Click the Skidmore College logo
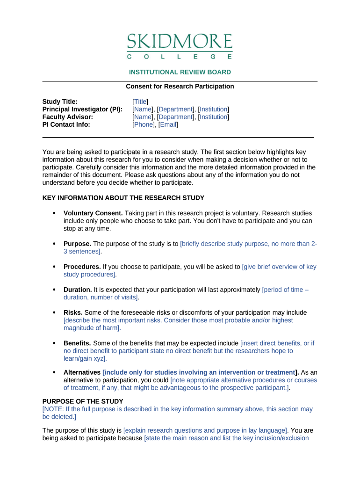[x=180, y=46]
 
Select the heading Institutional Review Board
[x=180, y=72]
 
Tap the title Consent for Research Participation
[x=180, y=87]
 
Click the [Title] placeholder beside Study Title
[x=140, y=102]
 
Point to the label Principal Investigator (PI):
[x=82, y=109]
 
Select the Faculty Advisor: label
[x=68, y=117]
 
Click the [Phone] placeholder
[x=144, y=124]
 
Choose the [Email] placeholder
[x=168, y=124]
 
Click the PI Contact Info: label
[x=66, y=124]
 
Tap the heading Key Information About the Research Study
[x=123, y=198]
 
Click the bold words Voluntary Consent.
[x=93, y=213]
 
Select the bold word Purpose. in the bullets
[x=78, y=244]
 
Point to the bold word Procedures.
[x=82, y=267]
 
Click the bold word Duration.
[x=78, y=290]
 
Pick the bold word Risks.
[x=73, y=312]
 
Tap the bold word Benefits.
[x=78, y=343]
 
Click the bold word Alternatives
[x=82, y=372]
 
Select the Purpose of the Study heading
[x=83, y=401]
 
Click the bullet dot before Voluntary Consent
[x=54, y=213]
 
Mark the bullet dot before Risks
[x=54, y=312]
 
